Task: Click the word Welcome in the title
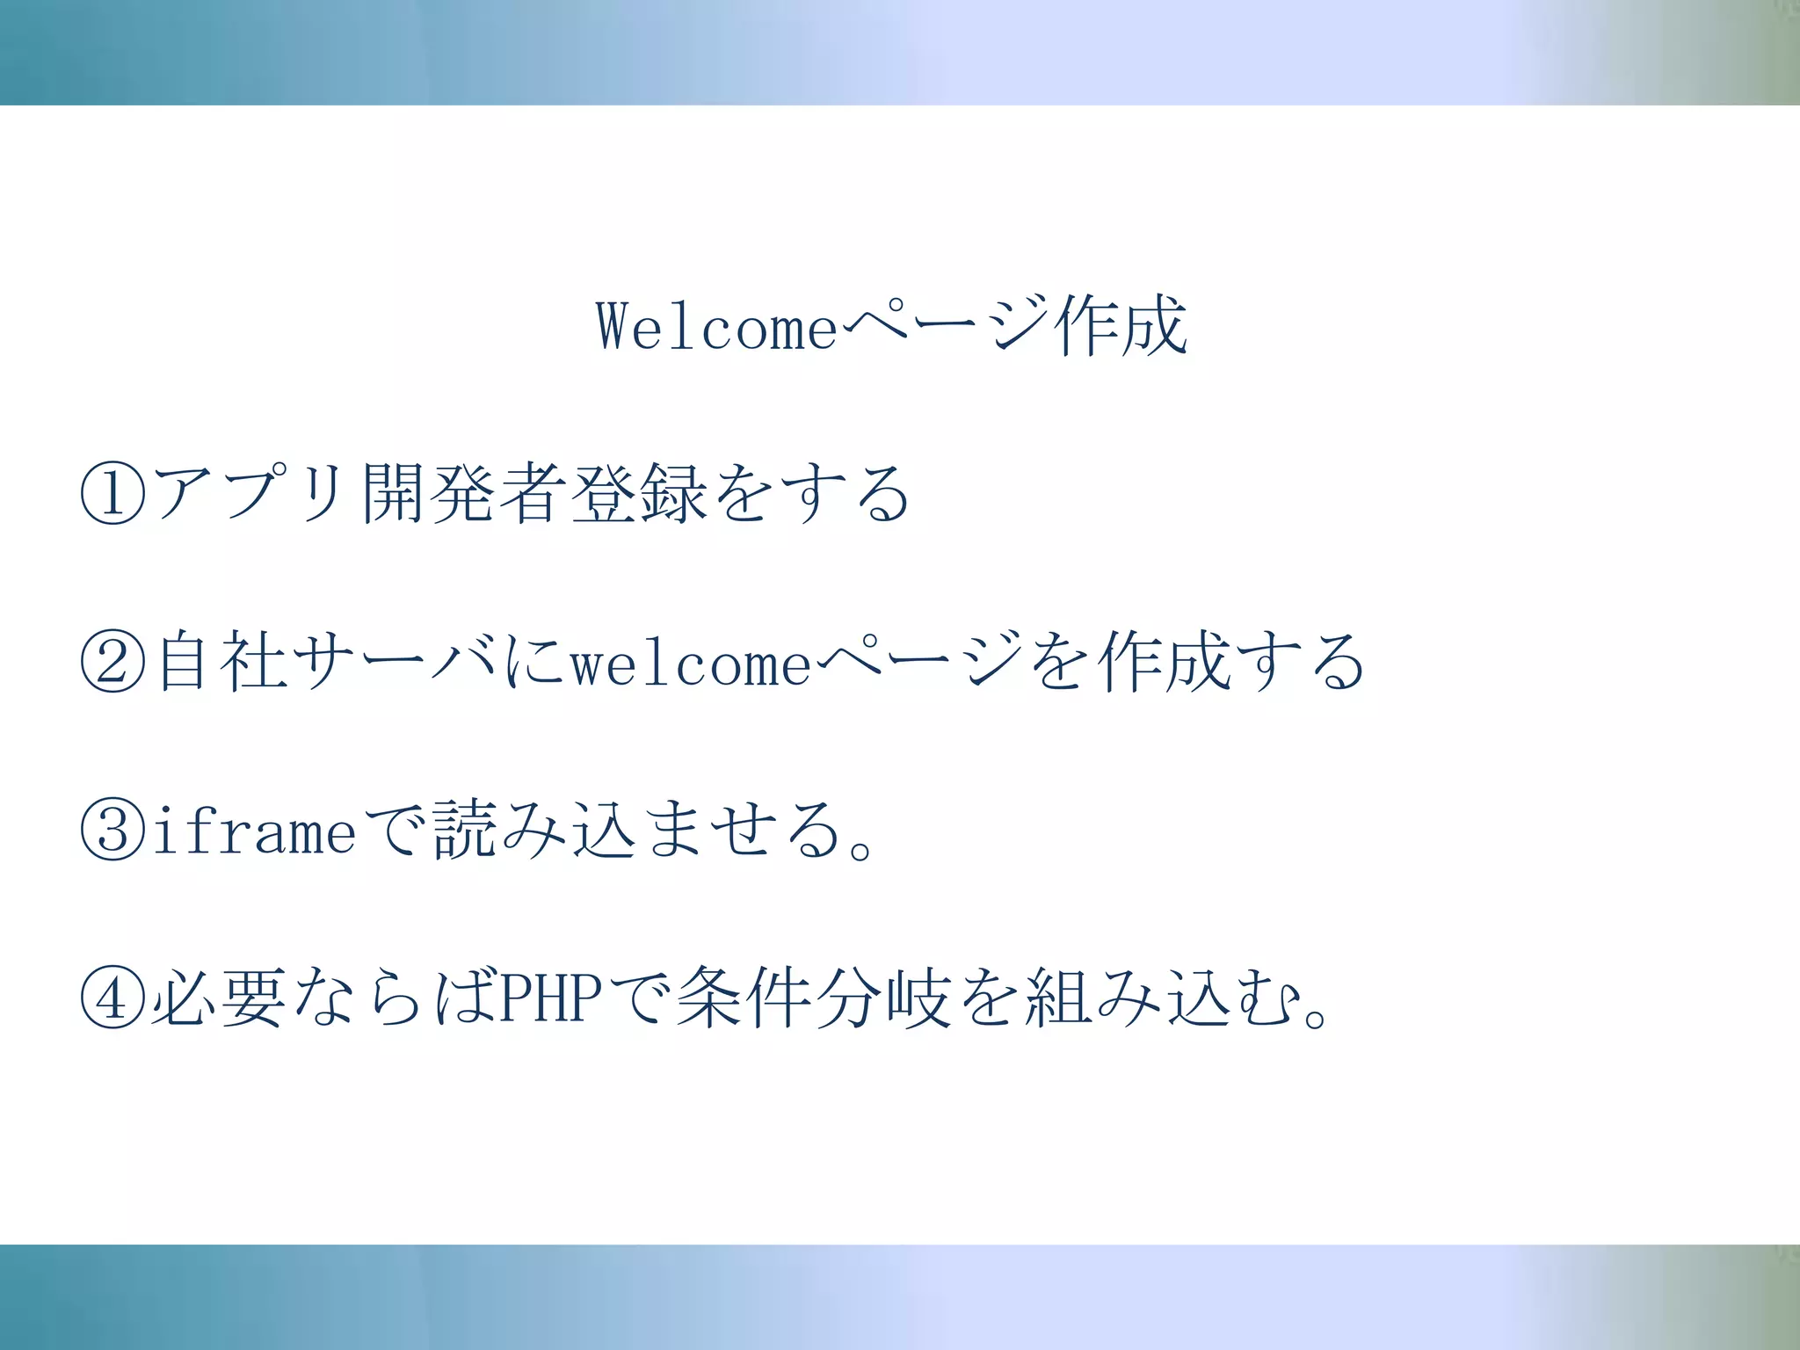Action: [x=717, y=327]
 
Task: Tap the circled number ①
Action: [x=112, y=493]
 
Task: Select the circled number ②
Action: [x=112, y=661]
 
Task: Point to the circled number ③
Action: [x=112, y=830]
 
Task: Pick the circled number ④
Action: [x=112, y=998]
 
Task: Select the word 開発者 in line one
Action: [x=464, y=493]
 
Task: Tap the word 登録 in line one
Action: [x=639, y=493]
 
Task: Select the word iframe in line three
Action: [x=255, y=830]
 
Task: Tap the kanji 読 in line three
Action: [x=464, y=830]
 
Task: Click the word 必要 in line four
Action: [x=220, y=998]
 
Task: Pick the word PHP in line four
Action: [x=551, y=998]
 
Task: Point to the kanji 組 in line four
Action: [x=1057, y=998]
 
